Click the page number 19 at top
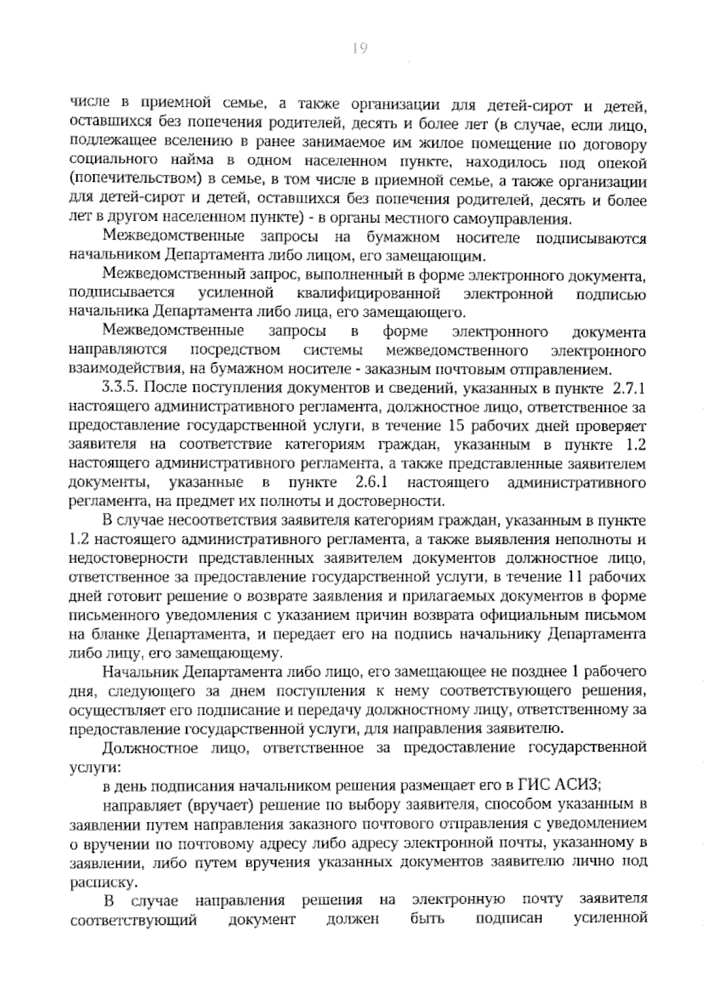[x=360, y=49]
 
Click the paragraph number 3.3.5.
[x=120, y=388]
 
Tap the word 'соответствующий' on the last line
[x=133, y=919]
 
